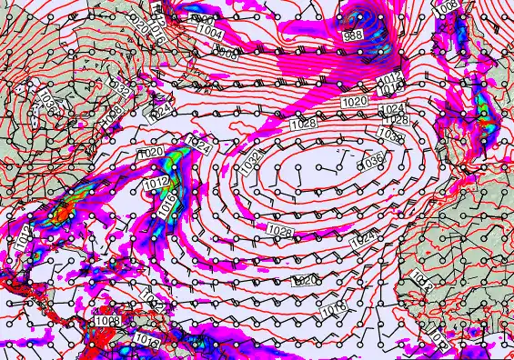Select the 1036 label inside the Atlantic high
[x=371, y=160]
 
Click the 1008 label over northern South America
[x=106, y=321]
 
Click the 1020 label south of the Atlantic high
[x=306, y=280]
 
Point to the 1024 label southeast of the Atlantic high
[x=362, y=239]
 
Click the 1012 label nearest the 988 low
[x=388, y=80]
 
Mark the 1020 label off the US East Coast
[x=151, y=153]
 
